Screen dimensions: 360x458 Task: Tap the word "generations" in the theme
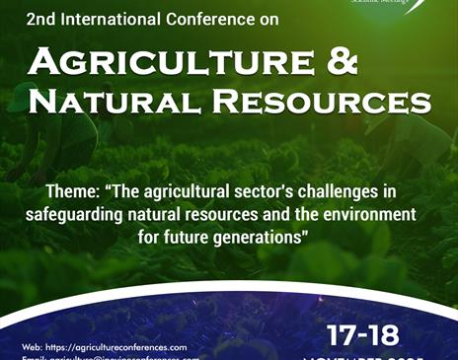point(260,237)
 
